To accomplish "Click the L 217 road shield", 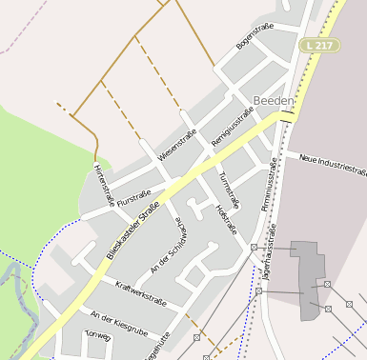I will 318,45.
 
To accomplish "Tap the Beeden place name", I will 275,100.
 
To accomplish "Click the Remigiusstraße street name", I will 233,128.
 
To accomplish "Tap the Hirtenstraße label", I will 104,183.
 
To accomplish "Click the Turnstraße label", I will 230,190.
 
